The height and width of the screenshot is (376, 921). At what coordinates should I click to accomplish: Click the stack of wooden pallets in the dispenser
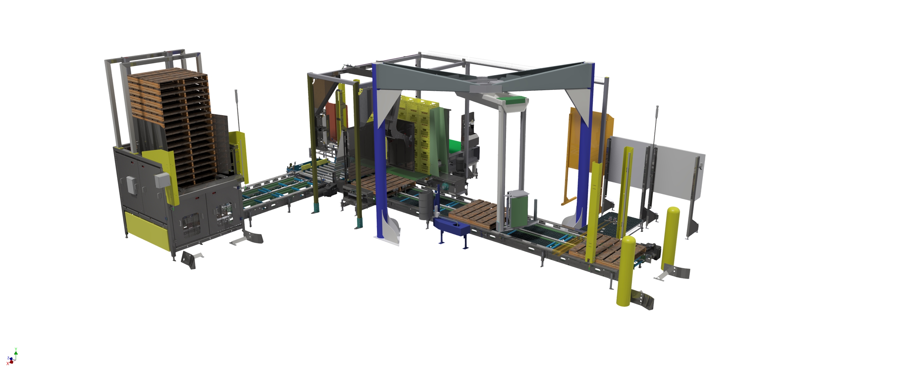point(171,125)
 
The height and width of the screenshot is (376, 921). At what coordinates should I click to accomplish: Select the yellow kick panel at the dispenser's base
point(146,231)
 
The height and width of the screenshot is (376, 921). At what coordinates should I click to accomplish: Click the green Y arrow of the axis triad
point(16,352)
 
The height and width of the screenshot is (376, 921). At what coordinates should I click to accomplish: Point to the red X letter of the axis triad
point(8,363)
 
